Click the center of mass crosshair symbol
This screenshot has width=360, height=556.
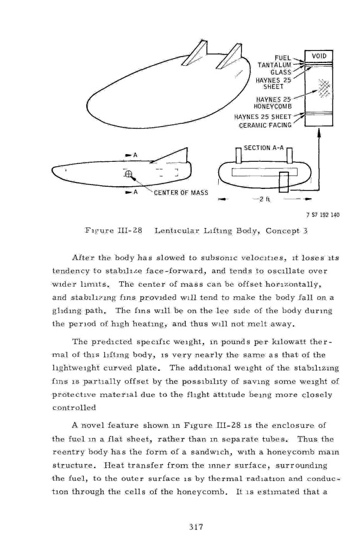(x=129, y=174)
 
